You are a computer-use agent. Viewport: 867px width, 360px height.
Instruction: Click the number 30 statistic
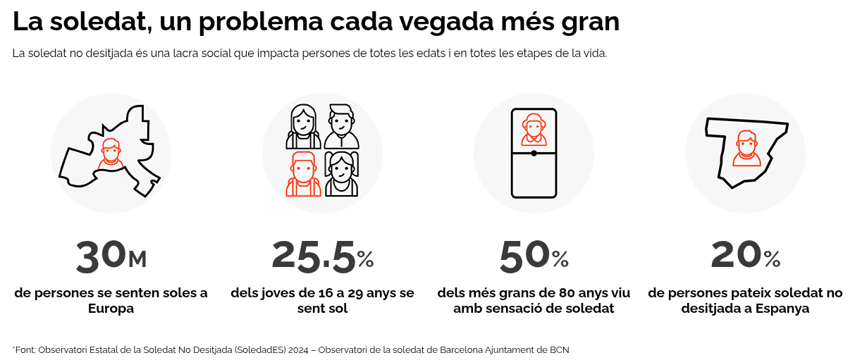pos(100,256)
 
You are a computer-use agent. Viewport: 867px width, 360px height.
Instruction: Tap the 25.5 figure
pos(313,256)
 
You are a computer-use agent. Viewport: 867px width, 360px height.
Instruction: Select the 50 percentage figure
pos(524,256)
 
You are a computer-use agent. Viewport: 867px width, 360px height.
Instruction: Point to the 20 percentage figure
pos(736,256)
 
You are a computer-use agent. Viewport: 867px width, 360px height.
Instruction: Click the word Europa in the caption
pos(111,309)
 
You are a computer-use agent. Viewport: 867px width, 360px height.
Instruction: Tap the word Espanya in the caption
pos(782,309)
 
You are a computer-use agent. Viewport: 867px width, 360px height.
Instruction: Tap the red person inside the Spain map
pos(746,149)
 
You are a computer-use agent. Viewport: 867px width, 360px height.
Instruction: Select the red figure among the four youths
pos(304,174)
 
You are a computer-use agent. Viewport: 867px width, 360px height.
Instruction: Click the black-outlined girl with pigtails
pos(341,174)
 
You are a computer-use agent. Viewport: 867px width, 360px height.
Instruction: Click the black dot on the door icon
pos(534,153)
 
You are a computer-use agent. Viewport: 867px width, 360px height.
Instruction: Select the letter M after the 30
pos(137,260)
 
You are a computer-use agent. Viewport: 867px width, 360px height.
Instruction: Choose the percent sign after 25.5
pos(365,259)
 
